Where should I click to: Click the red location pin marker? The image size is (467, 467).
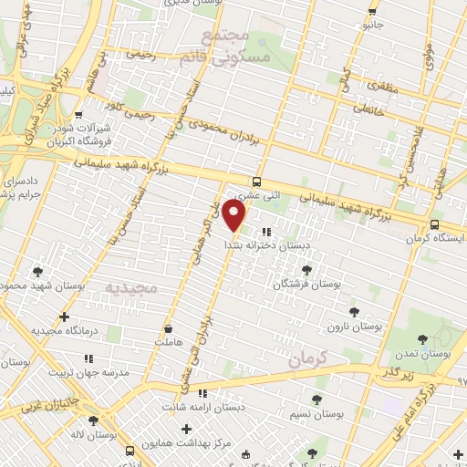[x=235, y=216]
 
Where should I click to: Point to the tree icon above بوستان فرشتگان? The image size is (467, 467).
[x=306, y=270]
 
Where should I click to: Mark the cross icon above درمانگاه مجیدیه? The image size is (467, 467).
[x=64, y=317]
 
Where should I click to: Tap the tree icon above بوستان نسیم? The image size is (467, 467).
[x=316, y=400]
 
